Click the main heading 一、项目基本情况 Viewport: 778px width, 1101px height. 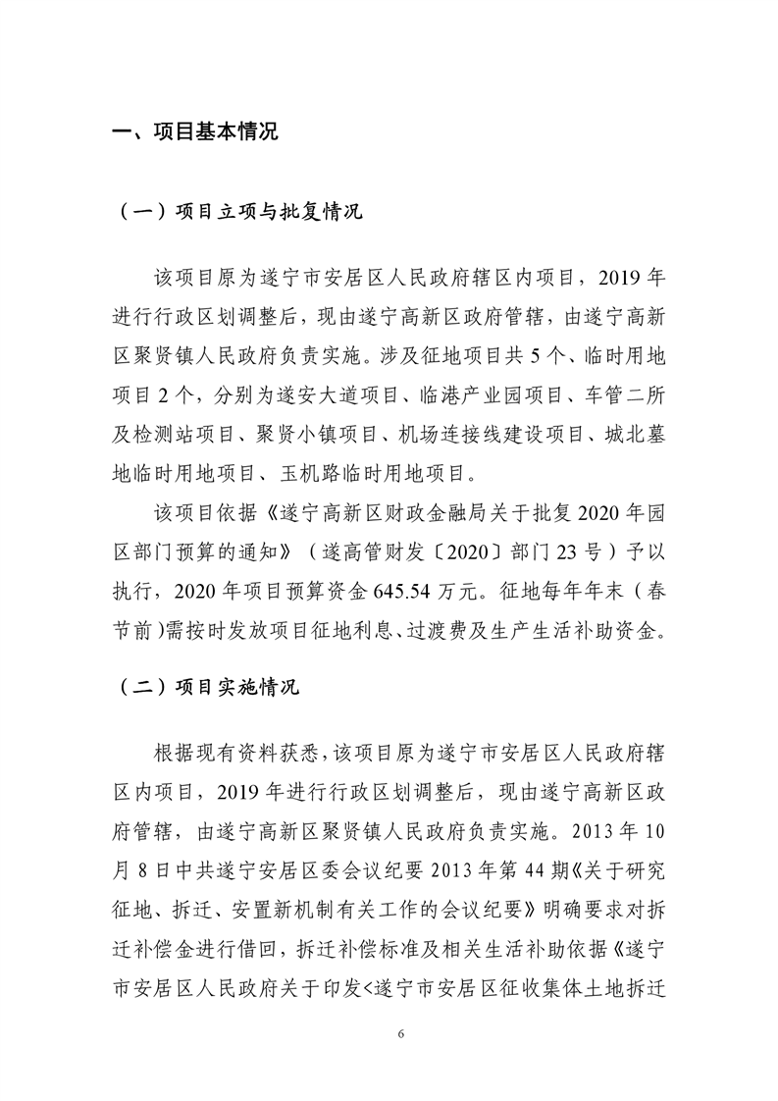tap(196, 132)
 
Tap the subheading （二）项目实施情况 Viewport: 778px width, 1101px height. tap(207, 687)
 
